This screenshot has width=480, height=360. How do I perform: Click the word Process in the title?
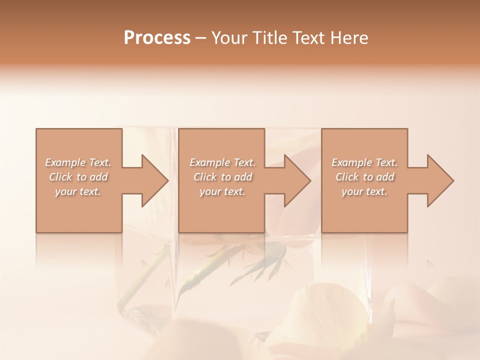click(157, 38)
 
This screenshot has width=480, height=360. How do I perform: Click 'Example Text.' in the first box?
click(78, 162)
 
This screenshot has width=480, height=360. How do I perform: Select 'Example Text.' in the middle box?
click(222, 162)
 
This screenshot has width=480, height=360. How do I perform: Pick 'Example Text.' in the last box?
click(364, 162)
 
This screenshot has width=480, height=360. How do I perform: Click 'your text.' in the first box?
click(78, 191)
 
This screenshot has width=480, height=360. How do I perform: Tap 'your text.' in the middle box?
click(222, 191)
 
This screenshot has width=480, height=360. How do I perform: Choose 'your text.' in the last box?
click(364, 191)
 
